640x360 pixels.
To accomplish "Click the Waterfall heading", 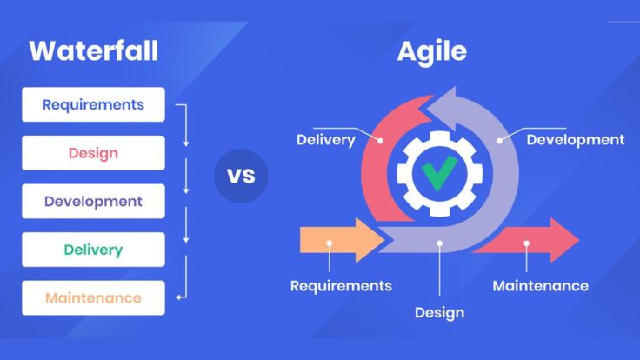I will click(94, 50).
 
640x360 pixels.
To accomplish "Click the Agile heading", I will click(431, 51).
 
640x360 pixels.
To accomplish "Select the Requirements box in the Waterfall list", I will click(93, 105).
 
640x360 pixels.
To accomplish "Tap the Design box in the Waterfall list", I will click(93, 153).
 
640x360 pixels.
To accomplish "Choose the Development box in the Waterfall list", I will click(93, 202).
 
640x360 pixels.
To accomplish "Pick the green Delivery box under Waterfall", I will click(93, 250).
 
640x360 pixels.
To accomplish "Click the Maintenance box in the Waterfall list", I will click(93, 298).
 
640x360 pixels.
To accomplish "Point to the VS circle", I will click(241, 176).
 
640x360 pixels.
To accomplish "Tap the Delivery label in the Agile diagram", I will click(325, 140).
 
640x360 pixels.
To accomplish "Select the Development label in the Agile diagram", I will click(575, 139).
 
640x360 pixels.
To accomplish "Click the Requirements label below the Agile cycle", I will click(341, 285).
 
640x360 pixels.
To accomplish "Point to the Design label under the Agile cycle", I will click(439, 312).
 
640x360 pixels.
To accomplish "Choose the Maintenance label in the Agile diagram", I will click(540, 285).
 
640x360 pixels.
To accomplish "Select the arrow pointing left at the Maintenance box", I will click(180, 298).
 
